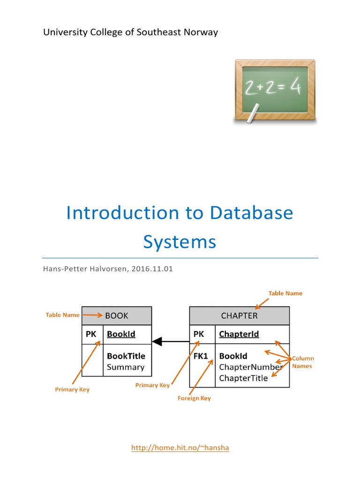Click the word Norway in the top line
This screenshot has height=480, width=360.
tap(201, 32)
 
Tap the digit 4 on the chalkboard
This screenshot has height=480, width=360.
tap(295, 88)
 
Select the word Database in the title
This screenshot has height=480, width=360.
tap(251, 213)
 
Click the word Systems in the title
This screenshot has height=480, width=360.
tap(180, 242)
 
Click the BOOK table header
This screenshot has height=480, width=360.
tap(117, 315)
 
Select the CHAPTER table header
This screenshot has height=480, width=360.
tap(239, 315)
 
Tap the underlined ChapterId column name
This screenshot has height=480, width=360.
tap(239, 334)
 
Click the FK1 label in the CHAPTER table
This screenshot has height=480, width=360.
tap(200, 356)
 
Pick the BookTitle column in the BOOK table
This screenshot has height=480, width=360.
tap(126, 356)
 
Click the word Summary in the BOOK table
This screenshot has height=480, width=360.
tap(126, 367)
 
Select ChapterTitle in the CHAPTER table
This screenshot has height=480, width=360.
tap(243, 378)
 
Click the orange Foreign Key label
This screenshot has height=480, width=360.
tap(194, 398)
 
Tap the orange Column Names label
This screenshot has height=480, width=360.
tap(303, 362)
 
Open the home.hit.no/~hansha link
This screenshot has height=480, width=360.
tap(180, 448)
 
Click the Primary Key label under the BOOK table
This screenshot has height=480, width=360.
tap(72, 390)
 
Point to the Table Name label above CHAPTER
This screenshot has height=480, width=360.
tap(285, 293)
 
